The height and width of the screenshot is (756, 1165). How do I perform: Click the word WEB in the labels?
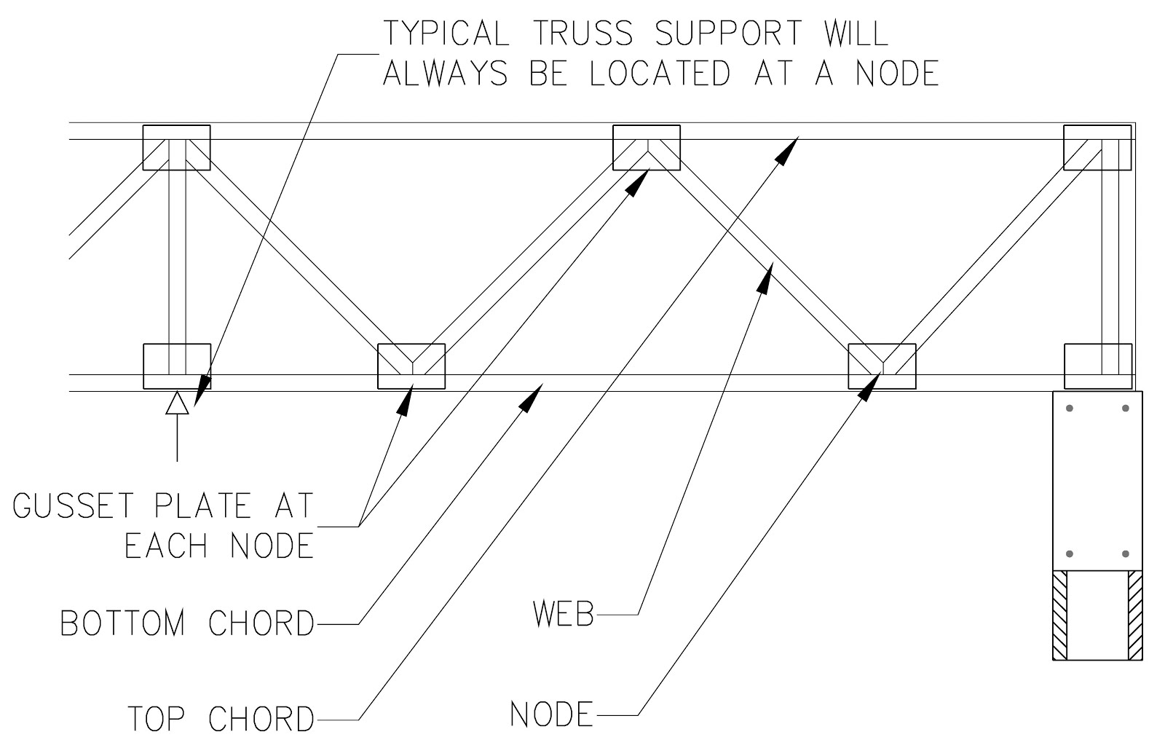[x=564, y=615]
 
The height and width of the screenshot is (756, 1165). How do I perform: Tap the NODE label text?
[x=551, y=714]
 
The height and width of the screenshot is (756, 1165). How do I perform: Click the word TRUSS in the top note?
[x=582, y=34]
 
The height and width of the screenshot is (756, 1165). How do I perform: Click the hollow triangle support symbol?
[x=177, y=403]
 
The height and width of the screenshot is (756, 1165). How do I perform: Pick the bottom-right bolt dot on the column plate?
[x=1126, y=554]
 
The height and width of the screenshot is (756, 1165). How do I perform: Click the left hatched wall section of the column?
[x=1061, y=616]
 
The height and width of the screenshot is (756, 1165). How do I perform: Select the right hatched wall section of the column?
[x=1134, y=616]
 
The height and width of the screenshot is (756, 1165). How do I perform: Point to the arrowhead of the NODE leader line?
[x=866, y=388]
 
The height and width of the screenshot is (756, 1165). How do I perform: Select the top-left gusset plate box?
[x=176, y=147]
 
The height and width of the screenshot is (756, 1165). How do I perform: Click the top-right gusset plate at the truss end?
[x=1097, y=147]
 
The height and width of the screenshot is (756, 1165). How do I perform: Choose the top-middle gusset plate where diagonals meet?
[x=647, y=147]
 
